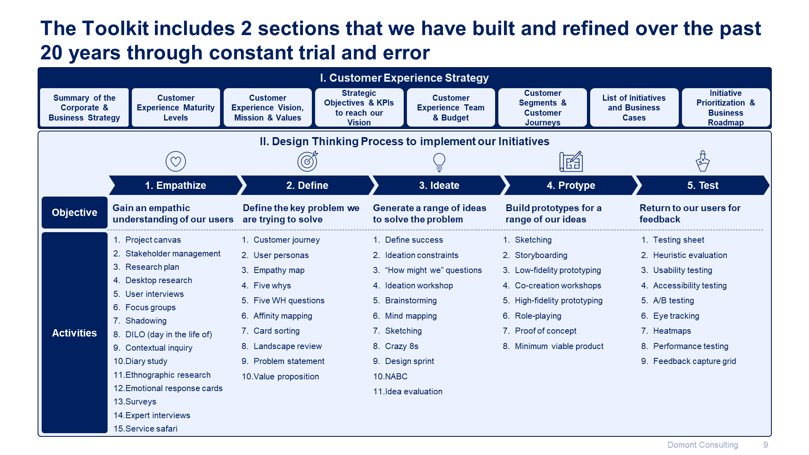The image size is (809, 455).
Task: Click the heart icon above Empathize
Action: [176, 161]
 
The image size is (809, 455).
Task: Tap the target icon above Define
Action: [308, 161]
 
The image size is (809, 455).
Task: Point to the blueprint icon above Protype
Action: [571, 161]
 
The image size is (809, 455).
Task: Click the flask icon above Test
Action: [703, 161]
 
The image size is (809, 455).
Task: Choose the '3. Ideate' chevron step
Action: [439, 185]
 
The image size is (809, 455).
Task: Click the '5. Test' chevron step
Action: [703, 185]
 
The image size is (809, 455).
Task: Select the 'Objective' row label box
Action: [74, 212]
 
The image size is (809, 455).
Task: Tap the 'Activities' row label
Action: [74, 332]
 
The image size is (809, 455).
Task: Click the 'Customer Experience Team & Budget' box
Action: [451, 108]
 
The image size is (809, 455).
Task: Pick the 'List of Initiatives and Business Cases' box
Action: [634, 108]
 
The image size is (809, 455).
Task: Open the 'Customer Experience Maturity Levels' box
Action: [176, 108]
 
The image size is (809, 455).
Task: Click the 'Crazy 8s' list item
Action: [401, 346]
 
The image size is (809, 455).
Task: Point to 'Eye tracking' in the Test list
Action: [676, 316]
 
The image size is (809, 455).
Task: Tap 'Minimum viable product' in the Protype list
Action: [559, 346]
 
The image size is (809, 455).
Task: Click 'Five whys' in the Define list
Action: [272, 286]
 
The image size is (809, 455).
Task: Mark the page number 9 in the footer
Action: [765, 445]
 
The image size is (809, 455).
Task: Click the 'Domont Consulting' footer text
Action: [702, 445]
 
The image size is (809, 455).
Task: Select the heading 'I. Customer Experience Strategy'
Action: [404, 78]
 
